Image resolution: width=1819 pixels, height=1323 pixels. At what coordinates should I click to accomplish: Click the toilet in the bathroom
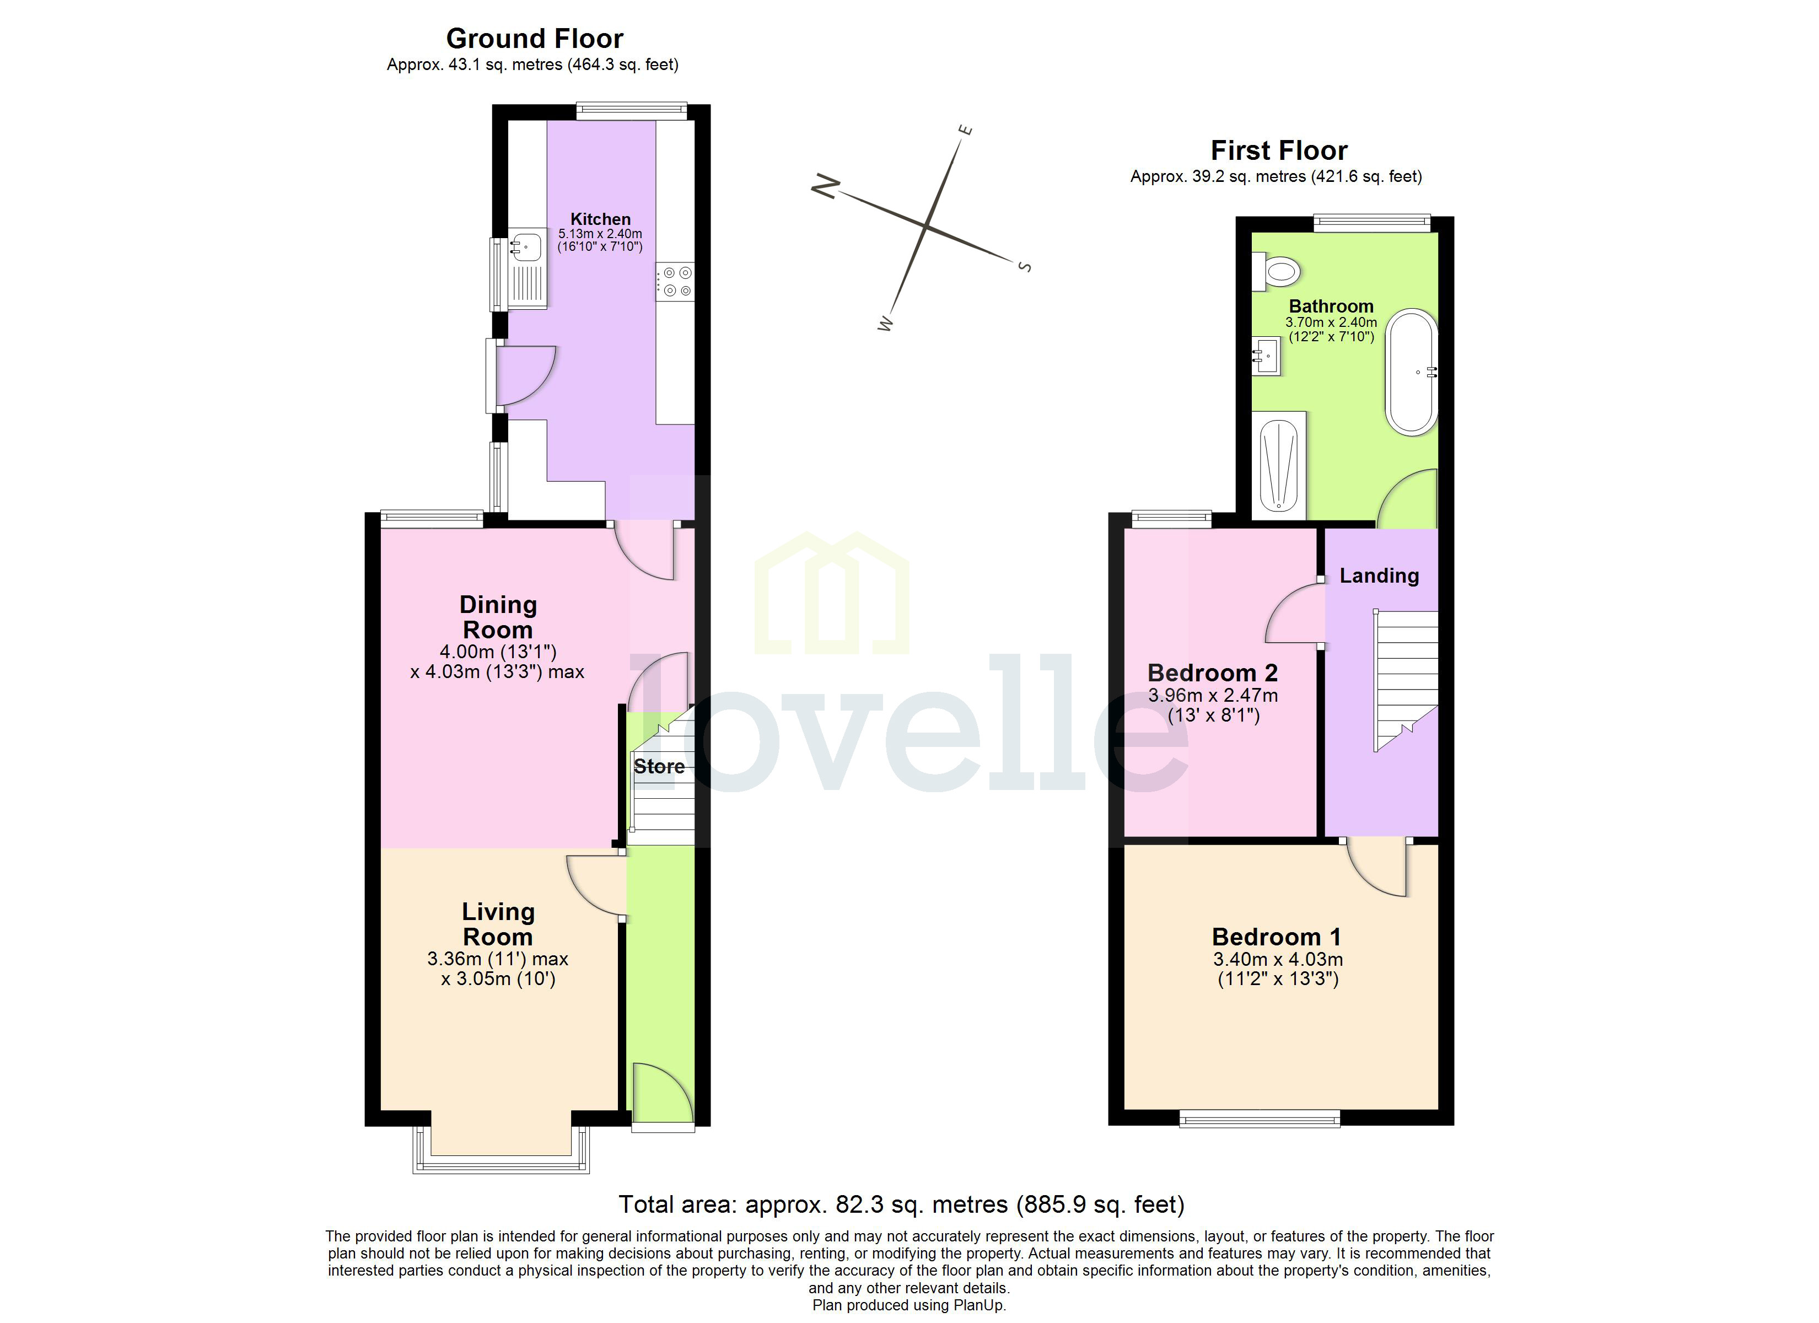tap(1277, 271)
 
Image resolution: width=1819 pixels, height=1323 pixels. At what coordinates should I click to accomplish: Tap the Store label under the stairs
tap(659, 766)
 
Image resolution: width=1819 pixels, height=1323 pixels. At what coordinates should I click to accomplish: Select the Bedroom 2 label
tap(1212, 673)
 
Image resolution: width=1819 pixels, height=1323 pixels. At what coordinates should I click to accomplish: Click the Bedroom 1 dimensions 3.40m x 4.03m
tap(1278, 959)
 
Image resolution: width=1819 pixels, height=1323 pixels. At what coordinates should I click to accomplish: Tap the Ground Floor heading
tap(534, 39)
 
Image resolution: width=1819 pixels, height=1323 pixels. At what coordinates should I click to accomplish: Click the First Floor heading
tap(1278, 150)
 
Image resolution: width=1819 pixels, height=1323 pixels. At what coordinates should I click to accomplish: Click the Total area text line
tap(901, 1204)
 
